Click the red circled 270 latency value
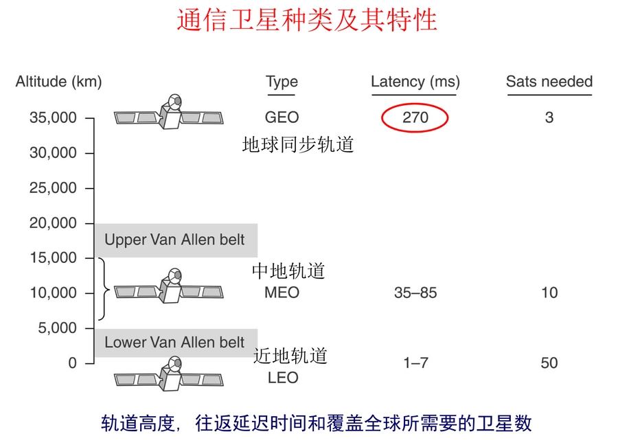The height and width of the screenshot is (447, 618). coord(415,117)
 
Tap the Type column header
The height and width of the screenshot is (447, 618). coord(282,82)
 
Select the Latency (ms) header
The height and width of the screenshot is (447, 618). coord(415,82)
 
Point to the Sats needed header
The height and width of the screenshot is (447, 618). coord(549,82)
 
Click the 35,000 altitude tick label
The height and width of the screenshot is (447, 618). coord(53,117)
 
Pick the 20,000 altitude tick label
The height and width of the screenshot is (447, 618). coord(53,223)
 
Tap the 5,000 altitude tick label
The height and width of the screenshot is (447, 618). coord(58,328)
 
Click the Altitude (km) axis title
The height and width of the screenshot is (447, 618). coord(59,82)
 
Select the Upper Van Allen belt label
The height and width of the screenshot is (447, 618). coord(174,240)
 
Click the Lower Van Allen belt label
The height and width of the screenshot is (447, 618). coord(174,342)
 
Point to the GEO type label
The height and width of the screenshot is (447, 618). coord(282,117)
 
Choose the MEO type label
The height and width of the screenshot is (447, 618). coord(282,293)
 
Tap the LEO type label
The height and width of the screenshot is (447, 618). coord(283,378)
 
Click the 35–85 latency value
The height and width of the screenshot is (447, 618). coord(415,293)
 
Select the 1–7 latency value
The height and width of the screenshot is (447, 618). coord(415,363)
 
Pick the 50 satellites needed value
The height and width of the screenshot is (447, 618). coord(549,363)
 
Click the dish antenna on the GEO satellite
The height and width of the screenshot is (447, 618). coord(175,102)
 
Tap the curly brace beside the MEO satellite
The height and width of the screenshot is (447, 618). coord(104,289)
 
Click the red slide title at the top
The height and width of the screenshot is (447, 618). coord(307,20)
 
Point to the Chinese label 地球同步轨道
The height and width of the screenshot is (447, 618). coord(298,145)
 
